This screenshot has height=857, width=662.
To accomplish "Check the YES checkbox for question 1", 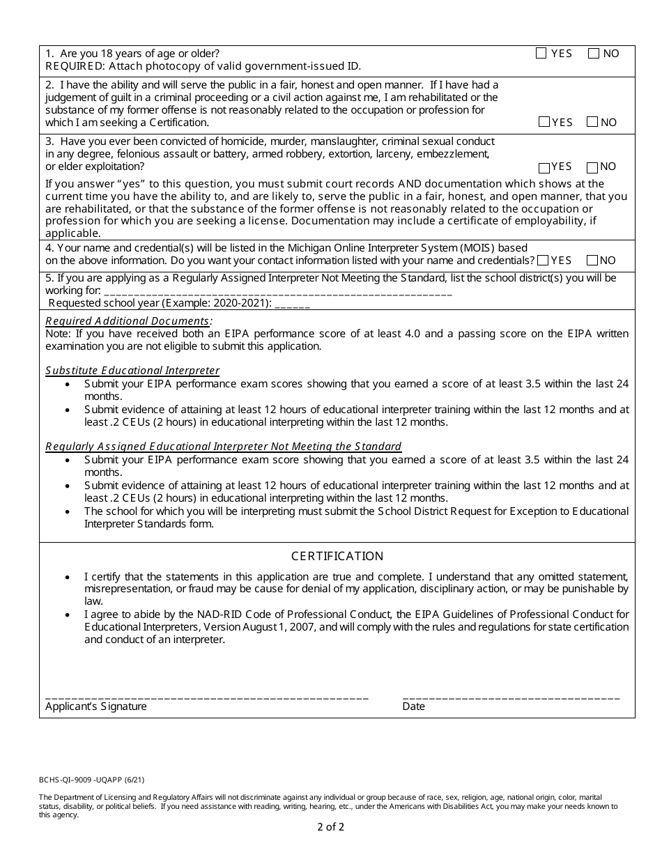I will coord(541,53).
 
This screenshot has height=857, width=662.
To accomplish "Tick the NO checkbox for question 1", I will coord(593,53).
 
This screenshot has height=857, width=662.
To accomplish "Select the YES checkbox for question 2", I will coord(544,122).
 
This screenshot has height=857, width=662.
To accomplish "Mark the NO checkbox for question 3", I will coord(592,167).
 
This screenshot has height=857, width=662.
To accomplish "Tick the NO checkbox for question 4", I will coord(592,260).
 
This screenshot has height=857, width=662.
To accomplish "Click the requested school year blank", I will coord(293,304).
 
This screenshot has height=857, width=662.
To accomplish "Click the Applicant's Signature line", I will coord(206,696).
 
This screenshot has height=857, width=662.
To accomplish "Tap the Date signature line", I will coord(511,696).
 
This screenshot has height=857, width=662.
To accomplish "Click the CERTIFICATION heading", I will coord(337,556).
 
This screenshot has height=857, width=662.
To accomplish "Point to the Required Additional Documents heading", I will coord(128,321).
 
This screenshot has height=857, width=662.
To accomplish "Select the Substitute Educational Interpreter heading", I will coord(132,371).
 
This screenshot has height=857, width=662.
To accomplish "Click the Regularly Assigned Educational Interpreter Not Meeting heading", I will coord(223,446).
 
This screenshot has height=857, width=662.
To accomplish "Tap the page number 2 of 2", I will coord(330,828).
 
